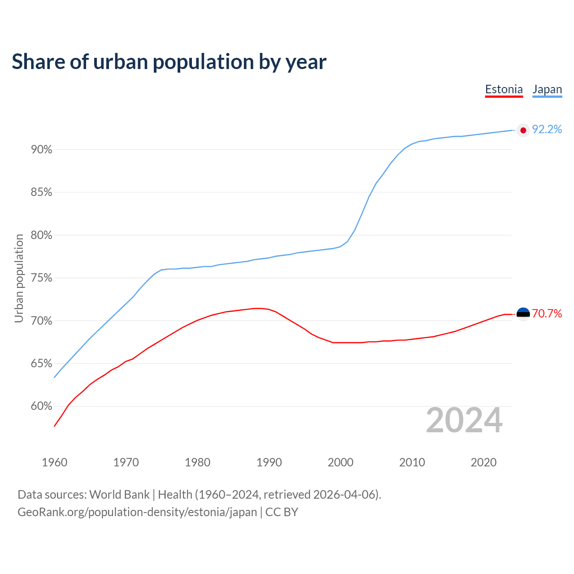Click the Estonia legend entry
coord(504,89)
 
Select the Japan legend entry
coord(547,89)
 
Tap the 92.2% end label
coord(547,130)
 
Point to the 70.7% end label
coord(547,314)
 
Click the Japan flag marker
coord(523,130)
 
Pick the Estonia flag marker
coord(523,314)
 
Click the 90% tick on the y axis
coord(42,150)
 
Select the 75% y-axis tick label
coord(42,278)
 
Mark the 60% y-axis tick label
coord(42,406)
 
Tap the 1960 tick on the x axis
coord(54,462)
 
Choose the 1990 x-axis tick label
coord(269,462)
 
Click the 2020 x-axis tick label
coord(483,462)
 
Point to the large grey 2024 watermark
coord(464,420)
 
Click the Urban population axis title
coord(19,278)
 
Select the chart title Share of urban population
coord(169,61)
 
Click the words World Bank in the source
coord(119,495)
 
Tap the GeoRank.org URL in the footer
coord(137,512)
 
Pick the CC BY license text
coord(282,512)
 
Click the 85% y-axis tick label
coord(42,192)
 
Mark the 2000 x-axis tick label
coord(340,462)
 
